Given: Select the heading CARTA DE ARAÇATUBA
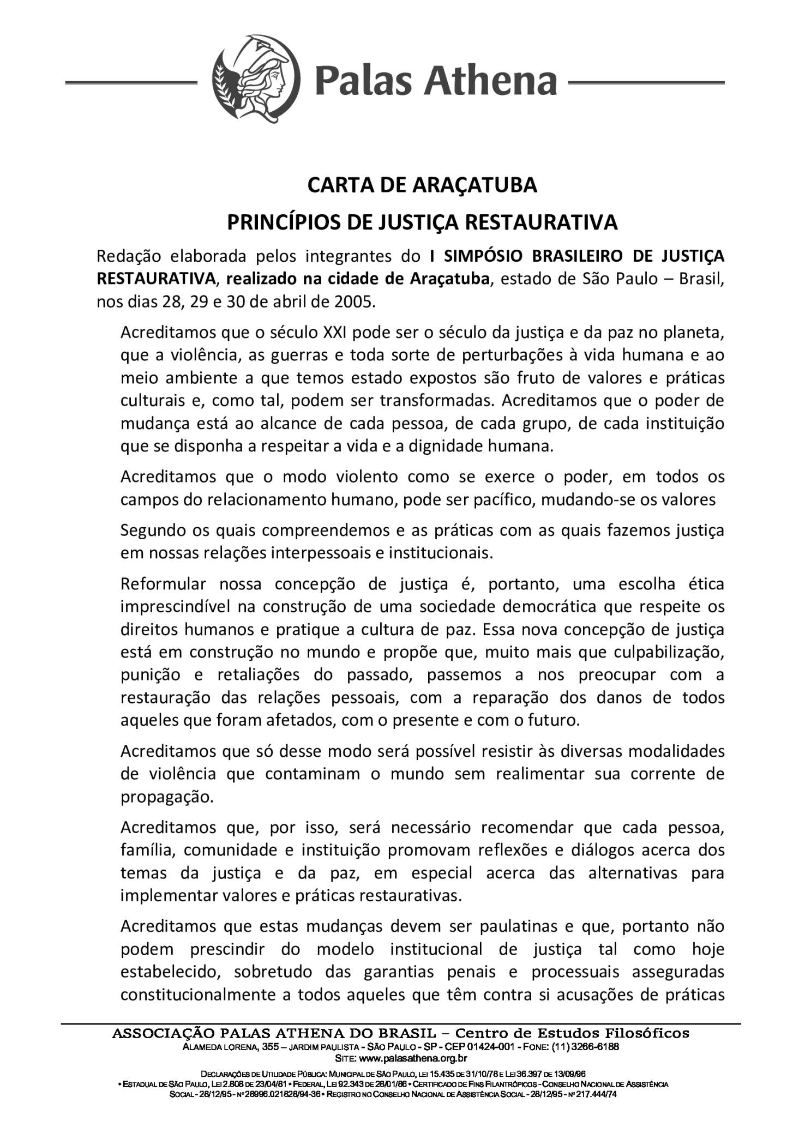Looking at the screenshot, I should click(422, 185).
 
